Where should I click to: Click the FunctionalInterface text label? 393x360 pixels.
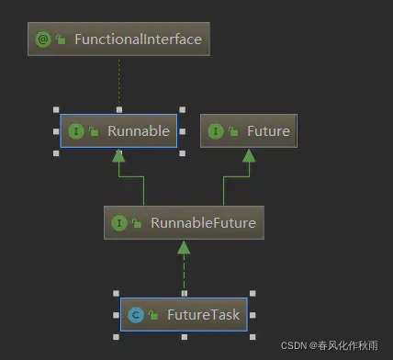click(138, 39)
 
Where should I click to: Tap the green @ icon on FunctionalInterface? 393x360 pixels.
click(42, 39)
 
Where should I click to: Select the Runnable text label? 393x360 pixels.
click(139, 131)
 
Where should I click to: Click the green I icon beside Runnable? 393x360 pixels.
click(76, 131)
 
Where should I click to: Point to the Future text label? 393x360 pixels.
click(268, 131)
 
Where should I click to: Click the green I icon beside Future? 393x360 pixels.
click(215, 131)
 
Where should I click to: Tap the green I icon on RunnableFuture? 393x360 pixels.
click(118, 222)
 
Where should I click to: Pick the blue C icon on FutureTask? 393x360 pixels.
click(135, 315)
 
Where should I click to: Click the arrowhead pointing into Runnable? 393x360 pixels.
click(118, 155)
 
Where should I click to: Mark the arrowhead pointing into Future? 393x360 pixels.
click(248, 155)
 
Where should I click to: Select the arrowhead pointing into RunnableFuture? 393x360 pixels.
click(184, 247)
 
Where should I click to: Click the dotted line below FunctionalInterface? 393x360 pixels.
click(118, 84)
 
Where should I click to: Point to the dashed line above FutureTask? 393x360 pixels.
click(184, 274)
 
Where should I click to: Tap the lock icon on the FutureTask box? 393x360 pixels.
click(152, 316)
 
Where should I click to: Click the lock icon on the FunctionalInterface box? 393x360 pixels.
click(61, 40)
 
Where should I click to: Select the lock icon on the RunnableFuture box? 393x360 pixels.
click(136, 223)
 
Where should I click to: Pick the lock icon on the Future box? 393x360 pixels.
click(232, 132)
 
